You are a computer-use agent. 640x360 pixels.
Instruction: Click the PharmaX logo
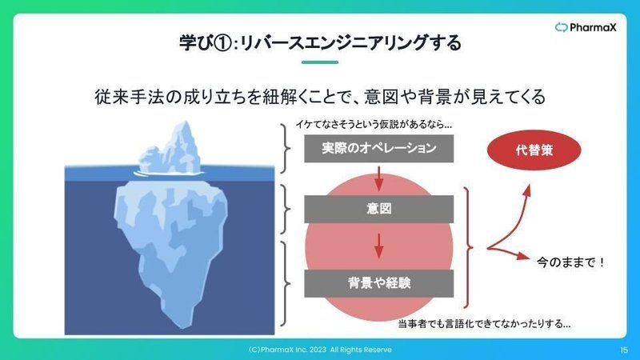coord(586,28)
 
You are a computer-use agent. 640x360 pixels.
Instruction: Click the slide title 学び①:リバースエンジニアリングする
coord(320,43)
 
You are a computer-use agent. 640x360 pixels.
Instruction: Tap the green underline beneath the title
coord(320,62)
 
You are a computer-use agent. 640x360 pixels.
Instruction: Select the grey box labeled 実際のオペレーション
coord(378,148)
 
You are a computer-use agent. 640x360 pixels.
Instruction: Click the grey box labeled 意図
coord(378,209)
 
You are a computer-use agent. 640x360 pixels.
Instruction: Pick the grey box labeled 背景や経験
coord(378,283)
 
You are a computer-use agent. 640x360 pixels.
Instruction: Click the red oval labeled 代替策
coord(534,150)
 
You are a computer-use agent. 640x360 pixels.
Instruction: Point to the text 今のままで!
coord(570,262)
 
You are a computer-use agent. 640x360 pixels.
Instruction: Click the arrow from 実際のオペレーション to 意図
coord(378,178)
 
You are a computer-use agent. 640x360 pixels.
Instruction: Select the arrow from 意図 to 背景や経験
coord(378,246)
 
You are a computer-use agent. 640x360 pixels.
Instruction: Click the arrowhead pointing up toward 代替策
coord(527,190)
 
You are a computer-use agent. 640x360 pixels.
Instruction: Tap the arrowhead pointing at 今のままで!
coord(523,256)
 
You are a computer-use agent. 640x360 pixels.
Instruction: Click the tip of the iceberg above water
coord(186,122)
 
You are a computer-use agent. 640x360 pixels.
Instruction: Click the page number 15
coord(624,350)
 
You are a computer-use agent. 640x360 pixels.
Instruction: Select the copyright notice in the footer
coord(320,350)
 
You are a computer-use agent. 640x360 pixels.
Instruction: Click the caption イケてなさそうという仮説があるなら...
coord(374,125)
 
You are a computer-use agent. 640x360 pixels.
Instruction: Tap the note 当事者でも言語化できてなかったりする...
coord(484,324)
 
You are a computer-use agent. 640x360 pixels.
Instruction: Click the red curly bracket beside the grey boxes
coord(469,247)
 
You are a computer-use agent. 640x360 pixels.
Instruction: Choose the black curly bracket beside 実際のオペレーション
coord(286,148)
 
